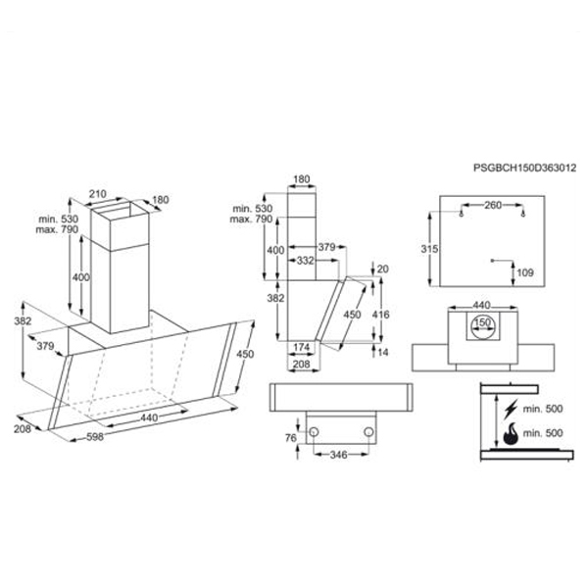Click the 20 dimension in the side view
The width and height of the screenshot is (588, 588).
(x=383, y=269)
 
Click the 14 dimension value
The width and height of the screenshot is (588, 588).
(x=383, y=352)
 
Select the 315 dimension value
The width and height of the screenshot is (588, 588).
(x=428, y=250)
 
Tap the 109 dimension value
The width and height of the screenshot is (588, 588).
(x=524, y=271)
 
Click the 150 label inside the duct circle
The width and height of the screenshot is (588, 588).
(x=481, y=321)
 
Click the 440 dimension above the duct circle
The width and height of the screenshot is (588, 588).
(x=481, y=305)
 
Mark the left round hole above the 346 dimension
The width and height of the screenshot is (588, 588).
(x=315, y=430)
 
